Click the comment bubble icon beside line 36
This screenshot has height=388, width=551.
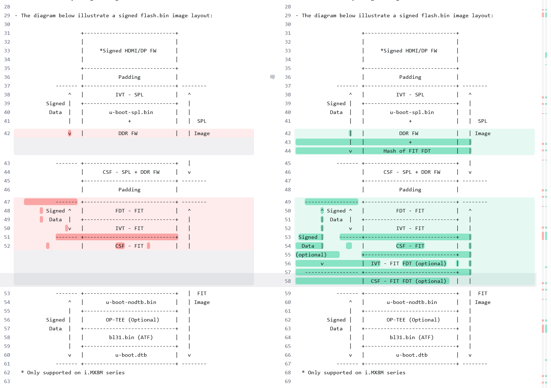(x=272, y=77)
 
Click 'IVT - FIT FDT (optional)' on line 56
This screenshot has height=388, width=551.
(x=408, y=263)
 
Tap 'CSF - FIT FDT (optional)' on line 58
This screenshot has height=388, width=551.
(x=408, y=281)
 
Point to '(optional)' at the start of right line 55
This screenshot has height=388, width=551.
(x=311, y=255)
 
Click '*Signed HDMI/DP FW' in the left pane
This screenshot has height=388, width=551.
(x=128, y=51)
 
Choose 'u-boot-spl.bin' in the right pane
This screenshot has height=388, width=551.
(x=411, y=112)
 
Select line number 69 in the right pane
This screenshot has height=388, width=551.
(x=288, y=381)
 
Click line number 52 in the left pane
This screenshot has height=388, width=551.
(x=7, y=246)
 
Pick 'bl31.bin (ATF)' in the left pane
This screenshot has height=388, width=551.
(x=131, y=337)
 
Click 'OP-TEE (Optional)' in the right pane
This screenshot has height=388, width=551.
(x=413, y=320)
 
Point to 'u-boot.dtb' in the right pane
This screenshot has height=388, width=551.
(x=411, y=355)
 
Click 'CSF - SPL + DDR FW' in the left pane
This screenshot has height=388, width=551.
(x=131, y=172)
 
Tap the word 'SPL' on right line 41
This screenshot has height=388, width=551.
(x=482, y=121)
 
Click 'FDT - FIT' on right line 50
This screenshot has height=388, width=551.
(x=410, y=211)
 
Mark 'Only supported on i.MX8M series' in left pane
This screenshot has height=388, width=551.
(x=76, y=373)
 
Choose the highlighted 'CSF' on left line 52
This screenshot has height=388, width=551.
(x=120, y=246)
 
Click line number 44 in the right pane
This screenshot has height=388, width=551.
(x=288, y=151)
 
